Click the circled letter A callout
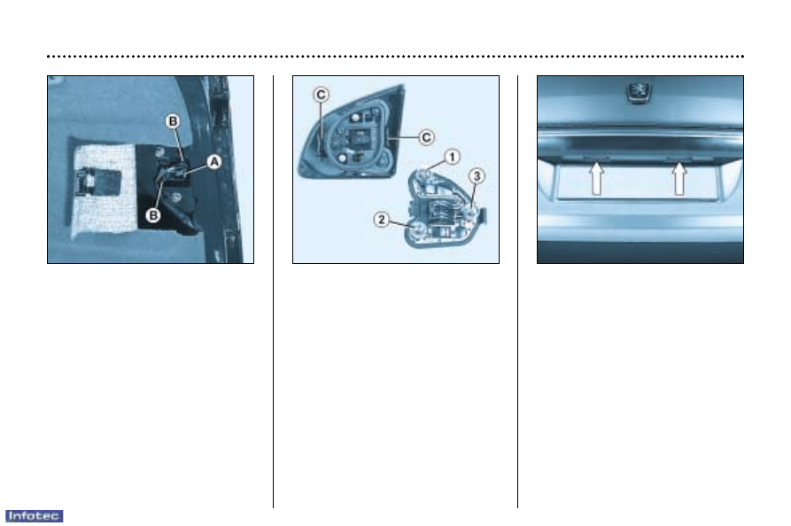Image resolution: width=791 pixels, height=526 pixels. pyautogui.click(x=214, y=162)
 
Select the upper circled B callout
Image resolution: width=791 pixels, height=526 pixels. pyautogui.click(x=173, y=121)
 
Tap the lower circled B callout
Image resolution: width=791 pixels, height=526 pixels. pyautogui.click(x=153, y=215)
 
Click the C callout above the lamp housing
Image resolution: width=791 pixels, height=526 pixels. pyautogui.click(x=321, y=94)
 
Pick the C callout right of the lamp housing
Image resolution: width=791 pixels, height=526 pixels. pyautogui.click(x=426, y=137)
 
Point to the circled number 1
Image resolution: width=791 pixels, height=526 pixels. pyautogui.click(x=452, y=157)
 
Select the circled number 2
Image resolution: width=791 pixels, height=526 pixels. pyautogui.click(x=382, y=220)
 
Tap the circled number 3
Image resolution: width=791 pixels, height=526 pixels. pyautogui.click(x=477, y=176)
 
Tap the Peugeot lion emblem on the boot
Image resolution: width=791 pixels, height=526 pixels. pyautogui.click(x=639, y=92)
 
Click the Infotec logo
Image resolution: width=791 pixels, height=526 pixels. pyautogui.click(x=34, y=516)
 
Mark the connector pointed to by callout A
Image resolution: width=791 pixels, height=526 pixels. pyautogui.click(x=174, y=173)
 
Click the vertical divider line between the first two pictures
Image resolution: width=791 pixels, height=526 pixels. pyautogui.click(x=274, y=291)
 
